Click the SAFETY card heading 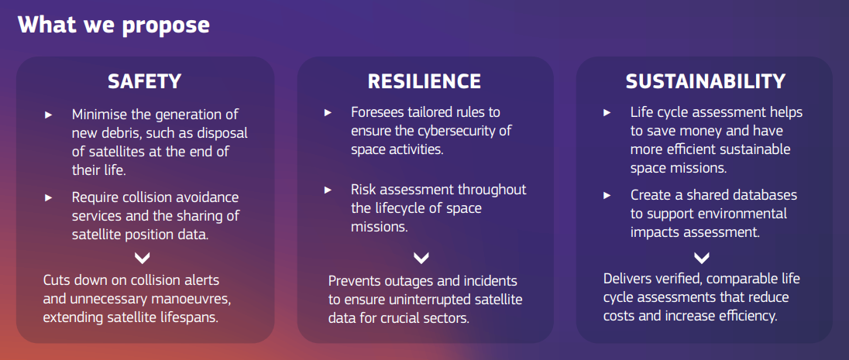[145, 81]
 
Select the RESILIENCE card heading [424, 81]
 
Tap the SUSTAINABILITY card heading [705, 81]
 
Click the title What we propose [114, 25]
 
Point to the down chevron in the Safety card [143, 258]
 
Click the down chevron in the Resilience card [421, 258]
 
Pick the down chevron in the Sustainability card [701, 258]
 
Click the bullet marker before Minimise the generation [48, 115]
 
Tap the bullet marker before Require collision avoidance [48, 197]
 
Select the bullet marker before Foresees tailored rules [328, 112]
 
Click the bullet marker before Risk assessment [328, 190]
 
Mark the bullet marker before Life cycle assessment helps [607, 112]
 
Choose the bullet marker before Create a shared [607, 195]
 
